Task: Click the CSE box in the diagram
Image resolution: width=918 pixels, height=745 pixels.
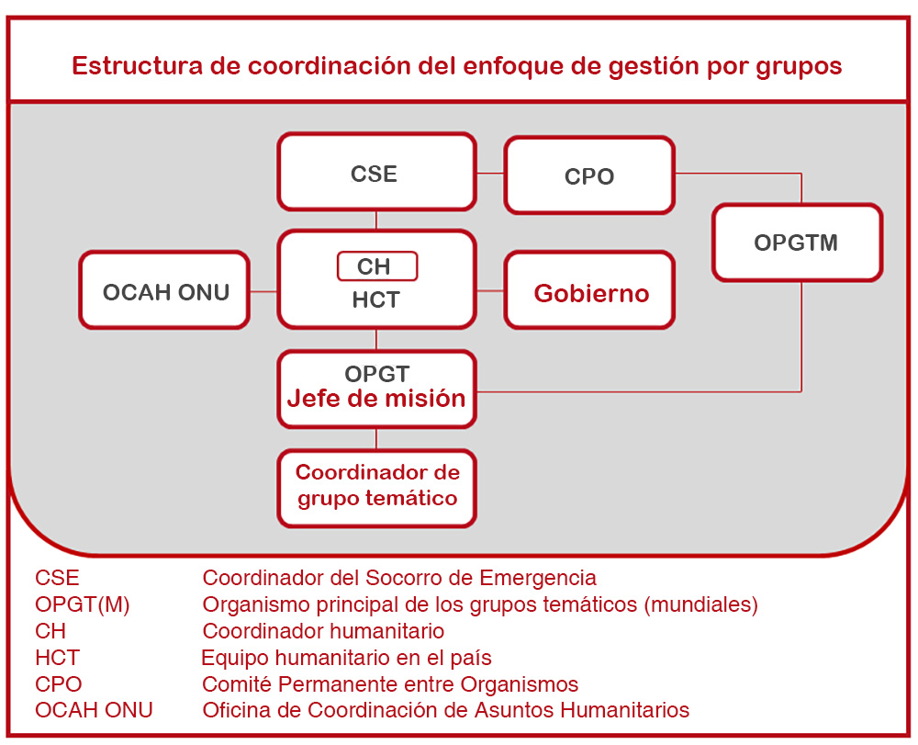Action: tap(376, 172)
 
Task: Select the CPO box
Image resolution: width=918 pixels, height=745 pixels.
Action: tap(589, 175)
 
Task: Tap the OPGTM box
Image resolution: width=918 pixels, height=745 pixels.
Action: tap(798, 243)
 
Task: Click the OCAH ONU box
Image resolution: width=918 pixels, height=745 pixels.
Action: tap(164, 290)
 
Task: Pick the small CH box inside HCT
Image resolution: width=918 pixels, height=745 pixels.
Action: tap(377, 266)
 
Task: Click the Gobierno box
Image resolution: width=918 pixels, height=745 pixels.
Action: tap(589, 290)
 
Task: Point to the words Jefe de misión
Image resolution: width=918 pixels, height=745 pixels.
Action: tap(375, 399)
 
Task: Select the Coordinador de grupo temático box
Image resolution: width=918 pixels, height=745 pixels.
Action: tap(376, 489)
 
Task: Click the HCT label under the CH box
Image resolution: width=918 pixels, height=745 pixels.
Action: tap(375, 299)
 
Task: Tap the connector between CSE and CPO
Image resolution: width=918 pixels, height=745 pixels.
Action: tap(490, 173)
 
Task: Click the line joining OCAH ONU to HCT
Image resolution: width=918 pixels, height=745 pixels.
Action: tap(263, 290)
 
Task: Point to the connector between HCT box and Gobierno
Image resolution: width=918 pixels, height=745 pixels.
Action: tap(490, 290)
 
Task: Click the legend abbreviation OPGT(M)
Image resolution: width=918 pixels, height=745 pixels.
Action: tap(83, 604)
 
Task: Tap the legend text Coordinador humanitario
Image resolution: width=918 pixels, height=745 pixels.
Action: tap(323, 631)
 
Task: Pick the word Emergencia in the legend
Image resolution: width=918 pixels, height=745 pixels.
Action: tap(538, 578)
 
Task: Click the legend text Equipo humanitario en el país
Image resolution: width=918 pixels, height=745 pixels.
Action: tap(347, 658)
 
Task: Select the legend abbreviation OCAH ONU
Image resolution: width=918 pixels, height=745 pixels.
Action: tap(94, 710)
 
